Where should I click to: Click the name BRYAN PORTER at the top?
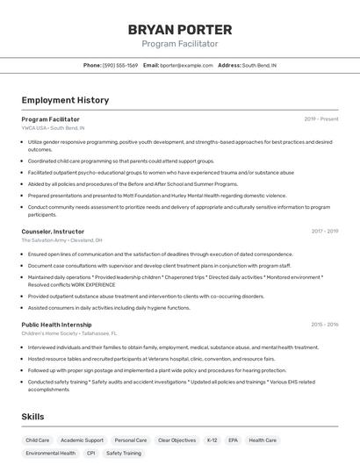(x=180, y=29)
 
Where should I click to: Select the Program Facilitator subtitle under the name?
(x=180, y=44)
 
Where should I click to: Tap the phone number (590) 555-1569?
(x=120, y=65)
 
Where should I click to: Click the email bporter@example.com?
(x=186, y=65)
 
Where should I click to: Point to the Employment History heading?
(x=65, y=100)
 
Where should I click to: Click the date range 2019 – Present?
(x=321, y=119)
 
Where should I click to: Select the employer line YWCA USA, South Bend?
(x=54, y=128)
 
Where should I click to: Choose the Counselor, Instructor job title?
(x=54, y=232)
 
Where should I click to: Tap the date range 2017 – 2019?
(x=324, y=232)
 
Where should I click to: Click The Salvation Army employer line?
(x=61, y=240)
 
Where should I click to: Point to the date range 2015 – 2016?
(x=324, y=325)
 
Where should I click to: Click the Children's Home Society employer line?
(x=68, y=333)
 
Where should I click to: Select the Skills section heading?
(x=33, y=416)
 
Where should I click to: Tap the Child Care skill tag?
(x=38, y=440)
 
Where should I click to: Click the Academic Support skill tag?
(x=82, y=440)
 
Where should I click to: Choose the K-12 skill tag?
(x=212, y=440)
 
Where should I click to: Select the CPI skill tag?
(x=90, y=454)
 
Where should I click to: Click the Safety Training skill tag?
(x=124, y=454)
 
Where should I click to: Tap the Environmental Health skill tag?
(x=50, y=454)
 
